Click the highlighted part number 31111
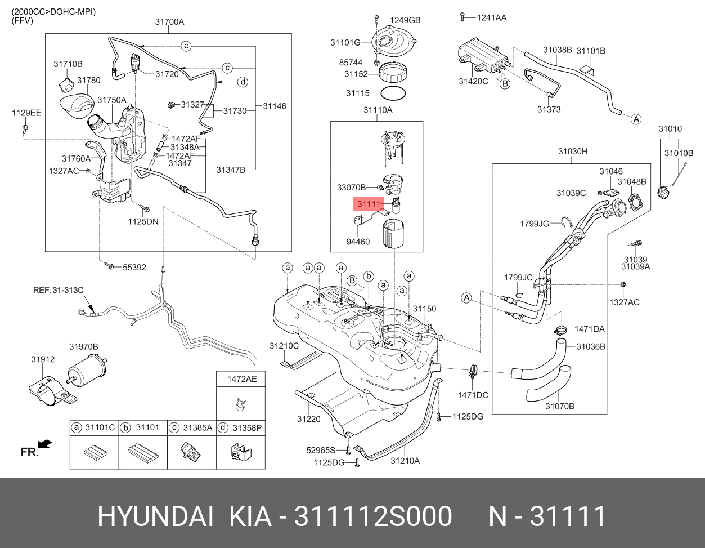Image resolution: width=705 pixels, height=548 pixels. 368,203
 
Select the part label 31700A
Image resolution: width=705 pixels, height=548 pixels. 169,22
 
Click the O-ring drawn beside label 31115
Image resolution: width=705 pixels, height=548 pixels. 392,93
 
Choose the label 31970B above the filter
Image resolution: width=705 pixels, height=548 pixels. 84,346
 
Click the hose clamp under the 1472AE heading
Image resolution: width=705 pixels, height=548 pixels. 241,403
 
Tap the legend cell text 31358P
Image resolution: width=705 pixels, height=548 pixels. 248,427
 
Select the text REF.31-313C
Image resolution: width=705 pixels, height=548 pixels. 58,290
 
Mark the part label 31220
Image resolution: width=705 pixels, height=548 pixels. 308,418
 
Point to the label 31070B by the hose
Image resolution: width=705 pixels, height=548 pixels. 559,406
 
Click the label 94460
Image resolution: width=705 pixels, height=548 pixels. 358,242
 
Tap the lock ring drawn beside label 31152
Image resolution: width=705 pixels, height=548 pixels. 397,73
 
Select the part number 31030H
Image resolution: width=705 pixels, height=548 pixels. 572,151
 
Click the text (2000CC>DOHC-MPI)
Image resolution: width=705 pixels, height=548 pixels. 53,11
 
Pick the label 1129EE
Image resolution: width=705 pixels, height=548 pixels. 26,113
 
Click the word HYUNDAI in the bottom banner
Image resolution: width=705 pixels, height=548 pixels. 156,516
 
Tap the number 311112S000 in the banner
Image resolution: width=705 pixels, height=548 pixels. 374,516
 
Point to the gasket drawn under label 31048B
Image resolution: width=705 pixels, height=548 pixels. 636,201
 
